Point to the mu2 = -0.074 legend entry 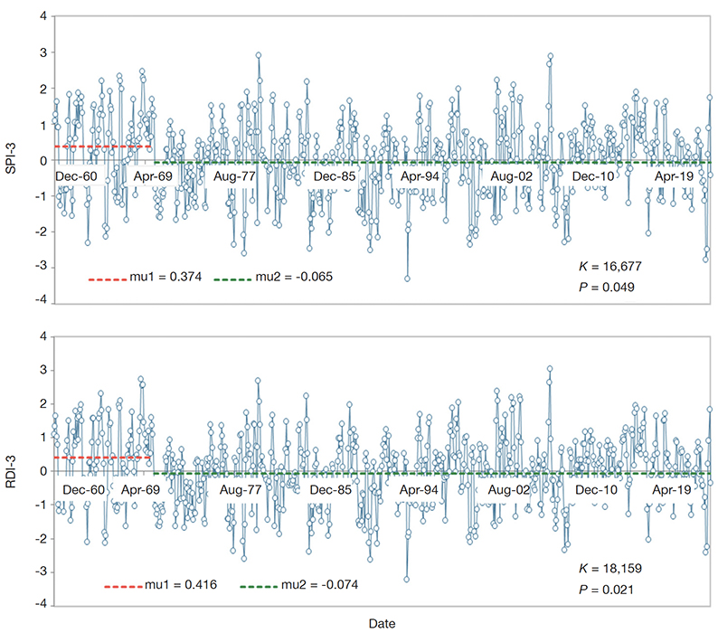pyautogui.click(x=299, y=585)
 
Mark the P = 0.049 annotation pyautogui.click(x=606, y=287)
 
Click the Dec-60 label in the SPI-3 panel pyautogui.click(x=75, y=175)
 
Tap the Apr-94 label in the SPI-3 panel pyautogui.click(x=420, y=175)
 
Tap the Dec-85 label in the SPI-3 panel pyautogui.click(x=334, y=175)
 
